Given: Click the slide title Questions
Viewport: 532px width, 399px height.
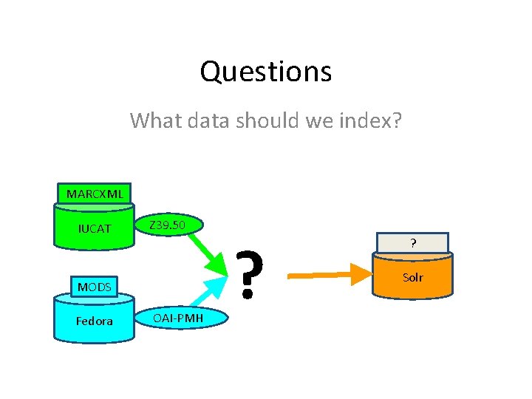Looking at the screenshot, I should click(x=265, y=72).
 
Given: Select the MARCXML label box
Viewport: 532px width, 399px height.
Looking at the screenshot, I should click(x=95, y=194).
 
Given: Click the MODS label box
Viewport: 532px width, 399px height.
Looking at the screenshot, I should click(x=95, y=286).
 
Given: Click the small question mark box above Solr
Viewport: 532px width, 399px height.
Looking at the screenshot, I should click(x=412, y=242).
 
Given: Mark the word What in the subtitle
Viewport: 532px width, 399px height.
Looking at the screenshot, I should click(x=152, y=120).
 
